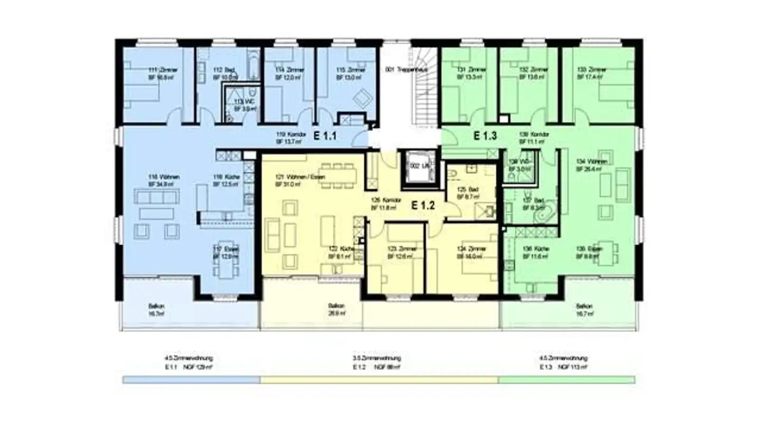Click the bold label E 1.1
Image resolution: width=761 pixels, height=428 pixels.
[325, 136]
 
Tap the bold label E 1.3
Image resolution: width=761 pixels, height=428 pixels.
[485, 136]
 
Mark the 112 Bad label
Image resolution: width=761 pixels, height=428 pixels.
[224, 73]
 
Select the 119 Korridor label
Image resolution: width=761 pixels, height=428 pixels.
[288, 138]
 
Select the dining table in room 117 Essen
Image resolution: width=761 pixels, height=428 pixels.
[226, 268]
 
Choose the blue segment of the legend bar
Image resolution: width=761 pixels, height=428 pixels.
[191, 379]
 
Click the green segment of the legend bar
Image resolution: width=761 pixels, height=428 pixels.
[566, 379]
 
